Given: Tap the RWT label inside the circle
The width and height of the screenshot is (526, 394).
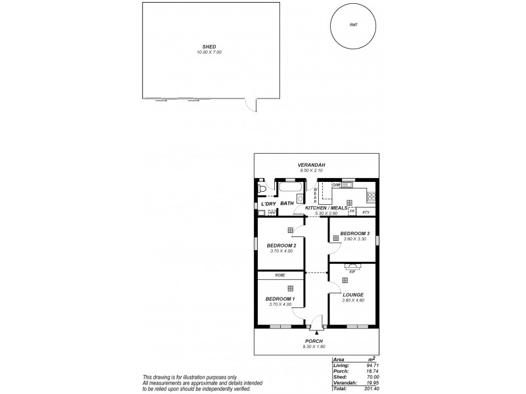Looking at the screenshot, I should click(x=354, y=25).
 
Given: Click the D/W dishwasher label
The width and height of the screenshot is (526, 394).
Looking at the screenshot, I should click(x=336, y=185).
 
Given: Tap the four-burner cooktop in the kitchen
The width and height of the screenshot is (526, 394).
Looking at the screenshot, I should click(x=371, y=195).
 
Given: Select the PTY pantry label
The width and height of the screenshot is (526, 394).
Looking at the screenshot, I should click(x=366, y=213).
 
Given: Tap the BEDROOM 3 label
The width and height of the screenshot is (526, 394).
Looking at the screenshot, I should click(x=354, y=234).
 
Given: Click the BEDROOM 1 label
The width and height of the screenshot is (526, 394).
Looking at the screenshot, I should click(x=279, y=299).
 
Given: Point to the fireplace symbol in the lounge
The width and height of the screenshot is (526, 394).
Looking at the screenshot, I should click(x=352, y=267).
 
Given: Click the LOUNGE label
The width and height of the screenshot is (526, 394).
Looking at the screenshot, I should click(x=353, y=295).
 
